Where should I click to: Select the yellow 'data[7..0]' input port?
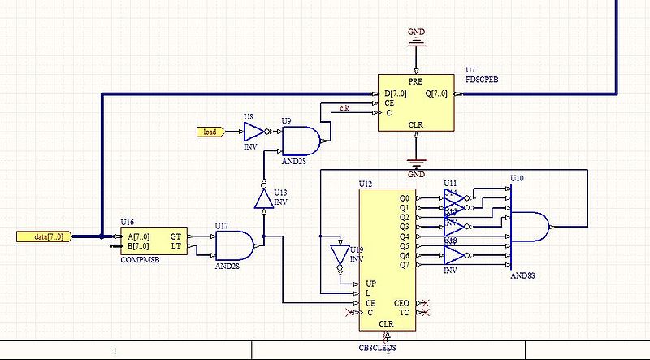point(47,236)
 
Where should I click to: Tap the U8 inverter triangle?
point(254,132)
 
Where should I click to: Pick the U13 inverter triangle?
point(262,197)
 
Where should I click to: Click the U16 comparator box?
point(153,241)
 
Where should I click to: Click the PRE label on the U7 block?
point(415,83)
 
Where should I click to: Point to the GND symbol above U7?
point(416,36)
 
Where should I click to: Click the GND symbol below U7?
point(416,165)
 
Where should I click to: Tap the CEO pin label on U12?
point(402,302)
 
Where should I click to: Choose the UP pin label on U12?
point(371,283)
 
